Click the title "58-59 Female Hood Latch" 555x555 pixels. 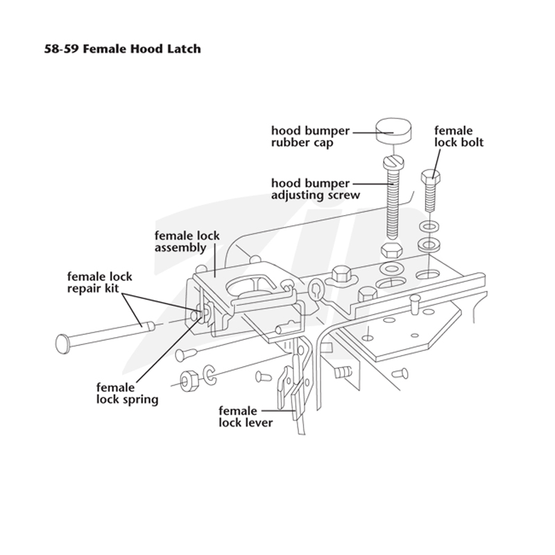(123, 49)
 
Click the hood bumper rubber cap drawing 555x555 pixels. (393, 131)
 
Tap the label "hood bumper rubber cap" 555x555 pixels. (310, 137)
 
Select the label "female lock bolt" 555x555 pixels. (459, 137)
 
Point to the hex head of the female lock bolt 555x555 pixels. (430, 176)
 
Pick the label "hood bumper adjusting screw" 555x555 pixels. (316, 189)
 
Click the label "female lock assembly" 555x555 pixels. (187, 241)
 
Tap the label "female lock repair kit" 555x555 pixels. (99, 282)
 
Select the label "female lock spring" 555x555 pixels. (127, 393)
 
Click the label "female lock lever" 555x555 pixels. (246, 417)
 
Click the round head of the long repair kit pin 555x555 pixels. (62, 343)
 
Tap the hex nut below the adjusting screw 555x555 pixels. (391, 250)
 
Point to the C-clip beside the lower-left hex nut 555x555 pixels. (210, 375)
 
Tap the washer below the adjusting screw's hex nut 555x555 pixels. (391, 269)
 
